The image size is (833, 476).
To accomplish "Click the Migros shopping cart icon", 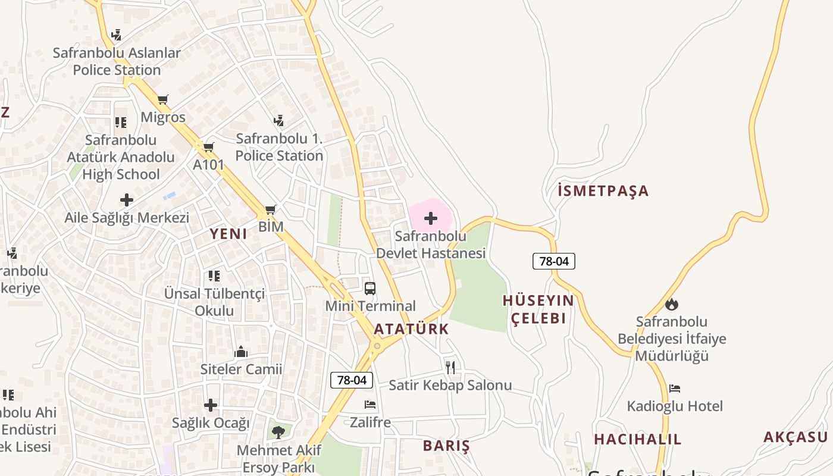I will point(163,99).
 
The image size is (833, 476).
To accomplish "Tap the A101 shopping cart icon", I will point(208,147).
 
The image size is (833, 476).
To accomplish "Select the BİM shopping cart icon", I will point(271,209).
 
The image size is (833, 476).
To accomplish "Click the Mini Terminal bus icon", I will point(370,289).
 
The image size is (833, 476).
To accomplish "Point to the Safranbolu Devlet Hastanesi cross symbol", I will point(431,218).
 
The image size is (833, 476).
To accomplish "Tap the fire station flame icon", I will point(672,304).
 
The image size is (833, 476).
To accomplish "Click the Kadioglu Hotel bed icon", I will point(674,389).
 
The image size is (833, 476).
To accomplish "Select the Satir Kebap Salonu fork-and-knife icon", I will point(450,367).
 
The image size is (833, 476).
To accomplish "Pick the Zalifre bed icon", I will point(370,405).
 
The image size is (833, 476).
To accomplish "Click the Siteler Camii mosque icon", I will point(241,352).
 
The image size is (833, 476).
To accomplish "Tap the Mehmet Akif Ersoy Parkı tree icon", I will point(278,431).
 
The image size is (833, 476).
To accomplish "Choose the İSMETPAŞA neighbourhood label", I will point(603,191).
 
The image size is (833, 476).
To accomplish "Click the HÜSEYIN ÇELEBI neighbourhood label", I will point(538,309).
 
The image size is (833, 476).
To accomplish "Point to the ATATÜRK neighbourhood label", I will point(411,329).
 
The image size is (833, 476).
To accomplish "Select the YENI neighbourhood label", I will point(228,234).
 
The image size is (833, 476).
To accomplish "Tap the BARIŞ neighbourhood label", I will point(446,446).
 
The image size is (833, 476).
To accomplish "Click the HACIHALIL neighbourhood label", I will point(638,440).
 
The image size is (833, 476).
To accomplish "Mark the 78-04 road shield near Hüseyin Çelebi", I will point(553,261).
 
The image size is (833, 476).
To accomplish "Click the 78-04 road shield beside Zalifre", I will point(352,380).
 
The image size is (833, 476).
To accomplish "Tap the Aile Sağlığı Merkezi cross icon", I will point(127,200).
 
